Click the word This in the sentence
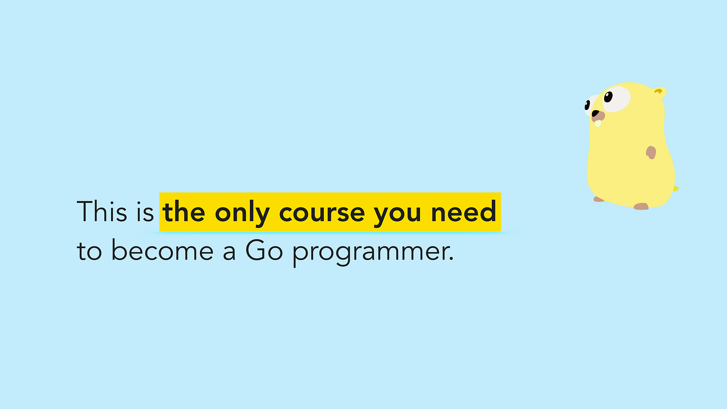pyautogui.click(x=102, y=212)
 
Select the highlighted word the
pyautogui.click(x=184, y=212)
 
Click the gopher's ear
pyautogui.click(x=659, y=93)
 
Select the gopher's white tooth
pyautogui.click(x=598, y=124)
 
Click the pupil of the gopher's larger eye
pyautogui.click(x=608, y=96)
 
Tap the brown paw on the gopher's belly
pyautogui.click(x=651, y=152)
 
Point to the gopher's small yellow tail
pyautogui.click(x=676, y=188)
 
